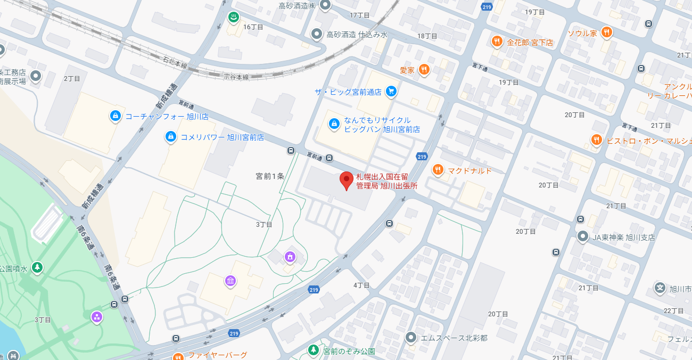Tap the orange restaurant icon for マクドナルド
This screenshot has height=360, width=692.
point(438,170)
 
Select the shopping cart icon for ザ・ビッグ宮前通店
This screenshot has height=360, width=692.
point(391,91)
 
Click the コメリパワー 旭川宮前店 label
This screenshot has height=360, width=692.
point(222,137)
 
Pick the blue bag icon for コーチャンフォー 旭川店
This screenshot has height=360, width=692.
point(114,116)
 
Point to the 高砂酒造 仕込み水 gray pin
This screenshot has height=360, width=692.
point(317,35)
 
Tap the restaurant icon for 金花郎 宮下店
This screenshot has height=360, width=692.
point(497,42)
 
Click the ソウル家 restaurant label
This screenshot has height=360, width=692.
point(582,33)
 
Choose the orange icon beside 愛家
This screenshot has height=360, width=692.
point(424,69)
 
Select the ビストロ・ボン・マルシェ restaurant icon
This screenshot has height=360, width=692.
point(596,140)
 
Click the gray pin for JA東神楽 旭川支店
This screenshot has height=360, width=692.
point(583,236)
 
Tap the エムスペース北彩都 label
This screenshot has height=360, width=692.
point(454,338)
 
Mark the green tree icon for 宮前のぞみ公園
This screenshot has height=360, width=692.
point(314,350)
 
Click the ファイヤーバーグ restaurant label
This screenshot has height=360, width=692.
point(217,355)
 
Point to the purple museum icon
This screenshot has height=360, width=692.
point(230,281)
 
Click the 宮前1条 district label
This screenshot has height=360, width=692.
point(270,176)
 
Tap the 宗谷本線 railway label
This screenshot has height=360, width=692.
point(236,77)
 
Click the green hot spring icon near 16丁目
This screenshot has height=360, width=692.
point(233,18)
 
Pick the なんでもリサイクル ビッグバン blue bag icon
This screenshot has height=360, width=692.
point(334,124)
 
